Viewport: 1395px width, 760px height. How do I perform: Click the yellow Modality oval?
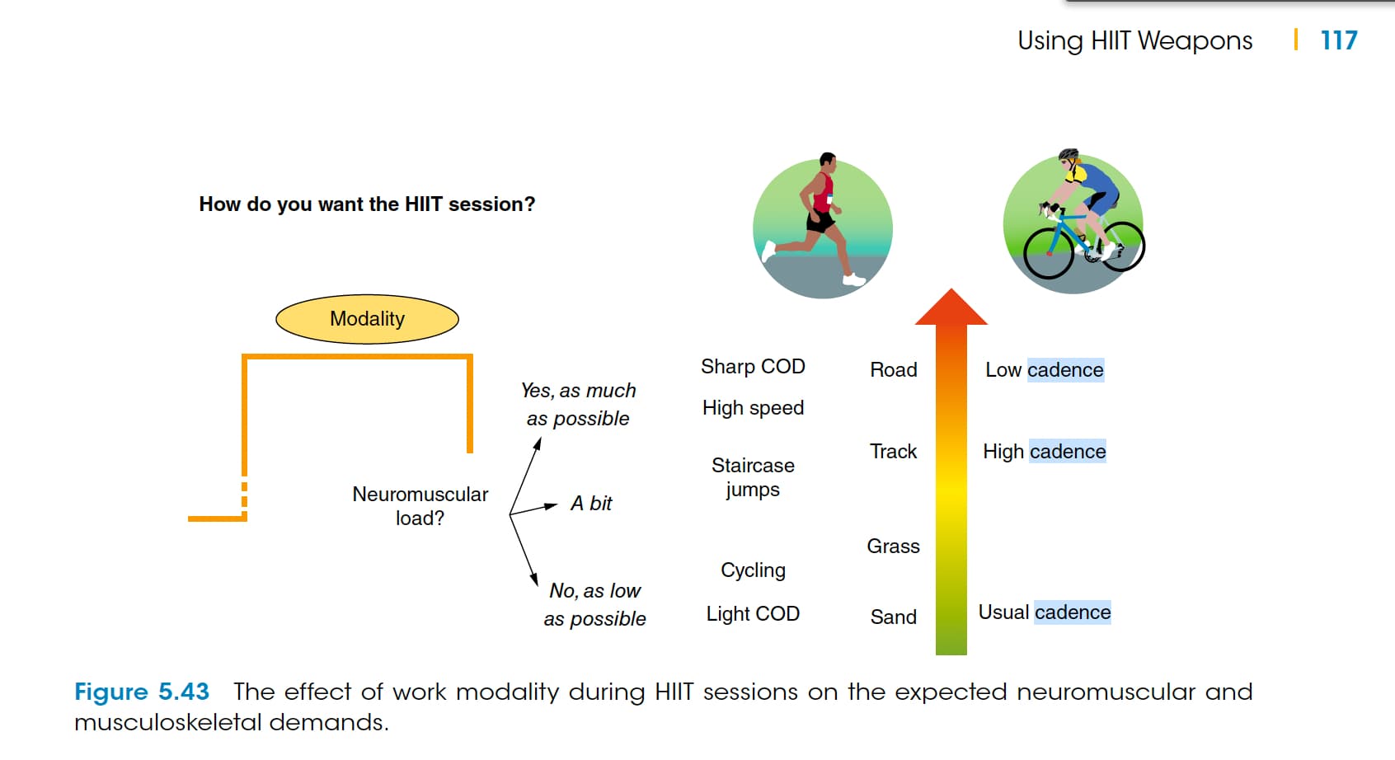(x=367, y=319)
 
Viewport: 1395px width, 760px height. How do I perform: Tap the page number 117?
(x=1338, y=40)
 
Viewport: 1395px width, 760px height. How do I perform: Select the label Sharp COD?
(x=753, y=367)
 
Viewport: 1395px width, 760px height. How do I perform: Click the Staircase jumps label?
(x=753, y=477)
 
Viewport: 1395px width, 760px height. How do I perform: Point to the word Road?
(x=893, y=370)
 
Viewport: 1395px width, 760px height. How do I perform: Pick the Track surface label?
(x=893, y=452)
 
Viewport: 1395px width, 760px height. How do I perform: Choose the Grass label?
(x=893, y=547)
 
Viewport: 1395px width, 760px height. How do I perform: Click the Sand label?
(x=893, y=617)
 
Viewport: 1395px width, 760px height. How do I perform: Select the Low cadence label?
(x=1044, y=370)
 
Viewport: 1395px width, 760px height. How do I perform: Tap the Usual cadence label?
(x=1044, y=612)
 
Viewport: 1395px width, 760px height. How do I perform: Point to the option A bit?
(x=591, y=504)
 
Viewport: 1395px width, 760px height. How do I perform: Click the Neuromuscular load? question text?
(x=420, y=506)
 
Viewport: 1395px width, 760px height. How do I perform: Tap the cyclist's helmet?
(x=1068, y=155)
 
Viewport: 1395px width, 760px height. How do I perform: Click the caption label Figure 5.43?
(x=142, y=692)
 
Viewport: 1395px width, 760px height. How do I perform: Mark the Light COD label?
(x=753, y=614)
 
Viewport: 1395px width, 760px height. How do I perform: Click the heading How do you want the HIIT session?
(x=367, y=204)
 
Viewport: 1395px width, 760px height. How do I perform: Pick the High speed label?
(x=753, y=408)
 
